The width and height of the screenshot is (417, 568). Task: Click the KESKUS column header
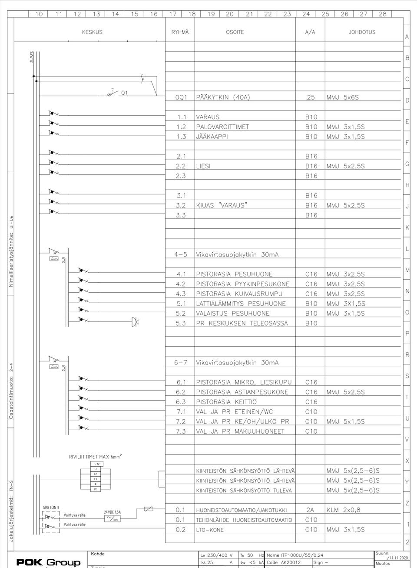click(92, 32)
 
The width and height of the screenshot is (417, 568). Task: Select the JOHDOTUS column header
click(361, 32)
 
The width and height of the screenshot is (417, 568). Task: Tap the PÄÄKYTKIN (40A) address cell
click(223, 97)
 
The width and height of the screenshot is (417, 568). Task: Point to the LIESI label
click(203, 166)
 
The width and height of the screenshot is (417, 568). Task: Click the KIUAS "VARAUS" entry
click(222, 205)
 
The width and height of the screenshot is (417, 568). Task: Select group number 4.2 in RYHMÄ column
click(181, 284)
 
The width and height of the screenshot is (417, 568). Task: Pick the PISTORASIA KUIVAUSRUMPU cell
click(239, 294)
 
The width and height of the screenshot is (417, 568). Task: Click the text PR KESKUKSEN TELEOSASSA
click(242, 323)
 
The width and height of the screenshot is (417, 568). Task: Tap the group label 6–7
click(180, 362)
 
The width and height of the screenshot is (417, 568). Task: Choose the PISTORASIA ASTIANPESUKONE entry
click(242, 392)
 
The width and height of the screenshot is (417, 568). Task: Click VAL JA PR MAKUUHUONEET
click(240, 431)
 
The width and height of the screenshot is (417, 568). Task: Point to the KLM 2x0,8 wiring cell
click(343, 510)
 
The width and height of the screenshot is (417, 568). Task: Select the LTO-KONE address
click(210, 530)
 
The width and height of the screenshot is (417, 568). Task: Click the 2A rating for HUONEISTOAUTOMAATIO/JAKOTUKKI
click(310, 510)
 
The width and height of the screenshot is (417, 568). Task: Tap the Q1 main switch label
click(124, 93)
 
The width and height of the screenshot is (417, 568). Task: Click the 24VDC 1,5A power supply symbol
click(112, 518)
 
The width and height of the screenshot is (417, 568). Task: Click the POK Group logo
click(48, 562)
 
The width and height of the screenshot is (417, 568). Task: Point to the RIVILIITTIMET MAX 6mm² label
click(95, 457)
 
